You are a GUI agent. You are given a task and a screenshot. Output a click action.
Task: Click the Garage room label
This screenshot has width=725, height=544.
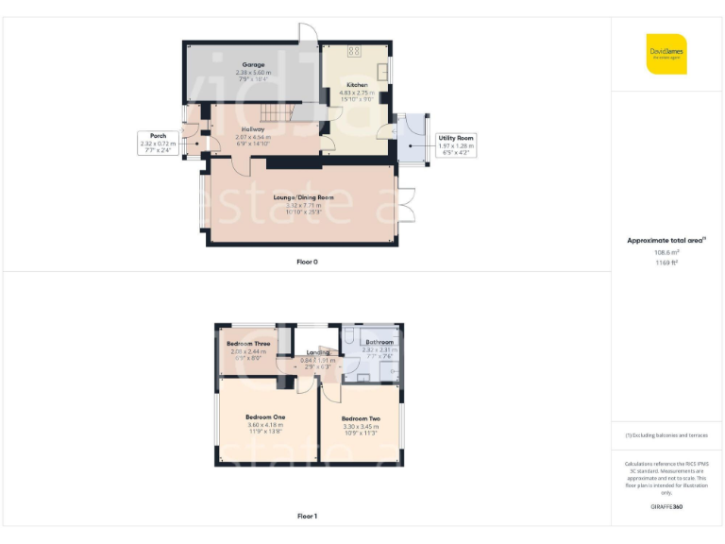tap(252, 64)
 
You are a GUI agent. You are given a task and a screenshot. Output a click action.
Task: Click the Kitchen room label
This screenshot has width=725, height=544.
tap(357, 85)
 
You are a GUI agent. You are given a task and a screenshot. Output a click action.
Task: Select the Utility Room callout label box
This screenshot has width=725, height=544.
tap(455, 143)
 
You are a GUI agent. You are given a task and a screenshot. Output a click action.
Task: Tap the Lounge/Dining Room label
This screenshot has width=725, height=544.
tap(304, 197)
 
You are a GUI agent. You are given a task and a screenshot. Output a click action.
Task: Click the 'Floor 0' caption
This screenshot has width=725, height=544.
tap(307, 261)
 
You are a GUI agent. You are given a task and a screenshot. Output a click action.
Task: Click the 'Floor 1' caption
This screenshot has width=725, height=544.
tap(307, 516)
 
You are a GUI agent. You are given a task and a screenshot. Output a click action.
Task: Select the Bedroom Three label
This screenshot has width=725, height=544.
tap(249, 344)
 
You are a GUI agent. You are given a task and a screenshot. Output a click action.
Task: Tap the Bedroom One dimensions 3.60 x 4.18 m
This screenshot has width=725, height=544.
tap(265, 425)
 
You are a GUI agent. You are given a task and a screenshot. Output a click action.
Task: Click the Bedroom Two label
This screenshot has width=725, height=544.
tap(361, 418)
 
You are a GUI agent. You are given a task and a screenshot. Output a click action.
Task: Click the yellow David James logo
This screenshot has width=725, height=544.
tap(666, 54)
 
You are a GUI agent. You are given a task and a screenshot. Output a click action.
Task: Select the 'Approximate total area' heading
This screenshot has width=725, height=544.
tap(666, 241)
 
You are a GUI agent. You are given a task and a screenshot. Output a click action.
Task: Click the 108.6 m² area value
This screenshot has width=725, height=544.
tap(666, 252)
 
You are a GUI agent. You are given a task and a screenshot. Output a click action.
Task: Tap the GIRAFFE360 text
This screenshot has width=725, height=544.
tap(666, 507)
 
